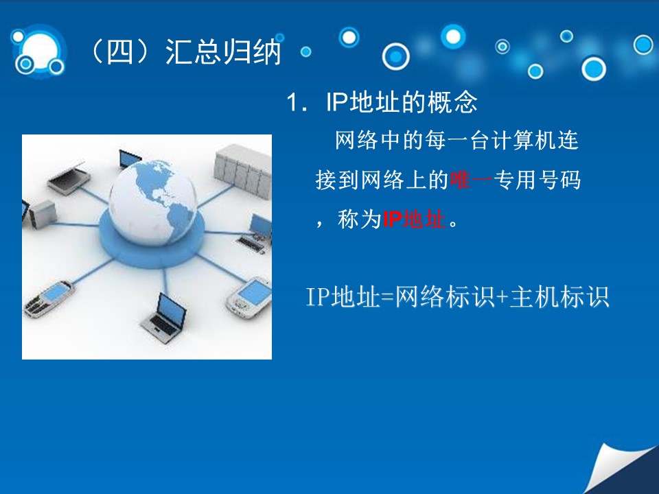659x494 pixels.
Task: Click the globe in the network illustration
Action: [152, 202]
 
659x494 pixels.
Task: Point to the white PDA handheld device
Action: [250, 296]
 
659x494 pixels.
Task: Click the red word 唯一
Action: [471, 180]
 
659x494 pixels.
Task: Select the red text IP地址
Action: [414, 219]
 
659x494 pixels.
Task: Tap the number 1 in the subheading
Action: [292, 102]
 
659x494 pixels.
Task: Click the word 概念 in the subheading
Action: [452, 102]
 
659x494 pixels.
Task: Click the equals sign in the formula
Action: [387, 297]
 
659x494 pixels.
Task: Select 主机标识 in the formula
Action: [559, 296]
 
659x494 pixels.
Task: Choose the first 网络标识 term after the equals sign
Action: [445, 296]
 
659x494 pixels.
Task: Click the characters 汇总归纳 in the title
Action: [222, 52]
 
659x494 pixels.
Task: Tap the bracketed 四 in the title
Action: [119, 52]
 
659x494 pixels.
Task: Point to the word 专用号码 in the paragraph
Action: [537, 180]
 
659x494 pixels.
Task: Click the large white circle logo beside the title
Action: [39, 51]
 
